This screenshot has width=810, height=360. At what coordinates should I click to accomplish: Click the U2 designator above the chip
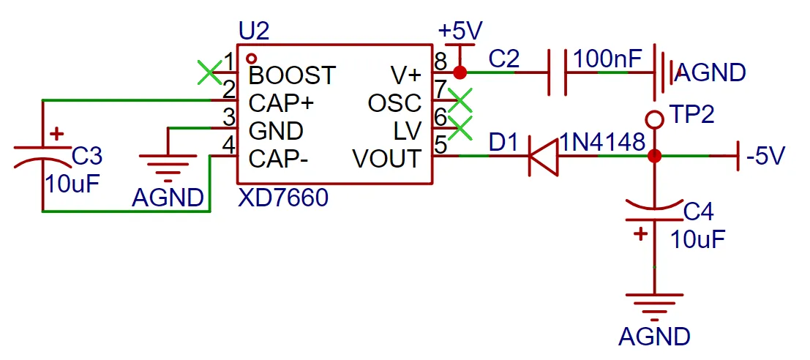tap(254, 31)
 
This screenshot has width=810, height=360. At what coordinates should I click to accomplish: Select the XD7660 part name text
tap(283, 198)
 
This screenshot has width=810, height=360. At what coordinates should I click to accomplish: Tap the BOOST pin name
tap(292, 75)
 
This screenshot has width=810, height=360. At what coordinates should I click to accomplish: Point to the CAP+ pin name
tap(282, 103)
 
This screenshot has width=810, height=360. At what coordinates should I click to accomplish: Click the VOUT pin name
tap(386, 159)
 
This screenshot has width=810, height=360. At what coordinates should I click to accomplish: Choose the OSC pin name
tap(394, 103)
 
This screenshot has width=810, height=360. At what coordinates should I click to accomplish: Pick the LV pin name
tap(408, 131)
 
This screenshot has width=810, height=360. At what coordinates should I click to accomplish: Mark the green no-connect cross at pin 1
tap(210, 72)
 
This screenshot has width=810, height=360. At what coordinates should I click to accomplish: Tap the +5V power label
tap(460, 31)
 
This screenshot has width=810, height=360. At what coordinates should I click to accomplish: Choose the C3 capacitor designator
tap(87, 156)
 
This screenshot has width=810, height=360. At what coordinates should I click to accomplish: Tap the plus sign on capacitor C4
tap(641, 234)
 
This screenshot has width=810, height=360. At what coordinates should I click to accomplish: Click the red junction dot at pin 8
tap(460, 72)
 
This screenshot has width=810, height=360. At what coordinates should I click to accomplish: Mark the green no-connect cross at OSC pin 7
tap(460, 100)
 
